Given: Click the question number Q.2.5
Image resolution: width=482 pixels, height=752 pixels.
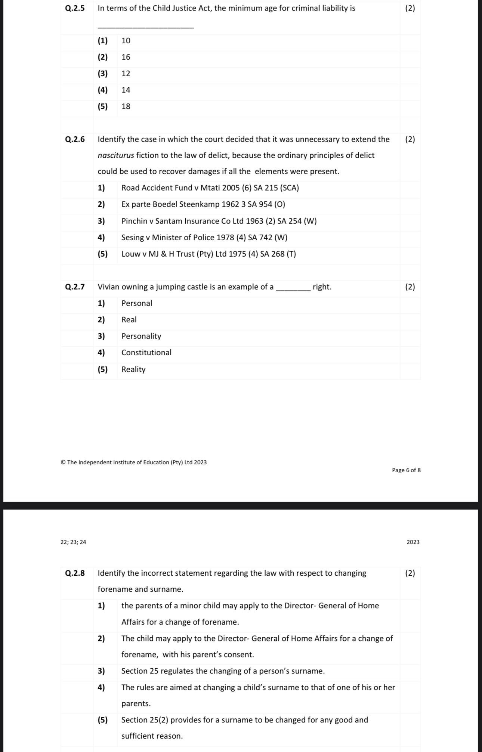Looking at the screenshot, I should coord(75,9).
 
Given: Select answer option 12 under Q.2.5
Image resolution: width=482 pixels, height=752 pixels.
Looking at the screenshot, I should coord(126,74).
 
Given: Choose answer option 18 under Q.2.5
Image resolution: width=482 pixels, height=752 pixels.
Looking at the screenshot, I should coord(126,106).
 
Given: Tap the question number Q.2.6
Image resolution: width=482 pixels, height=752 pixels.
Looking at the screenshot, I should coord(75,140).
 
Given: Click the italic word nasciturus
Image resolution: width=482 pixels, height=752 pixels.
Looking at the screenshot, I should coord(115,156).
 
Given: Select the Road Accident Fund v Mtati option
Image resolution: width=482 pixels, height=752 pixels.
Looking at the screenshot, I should coord(210,188).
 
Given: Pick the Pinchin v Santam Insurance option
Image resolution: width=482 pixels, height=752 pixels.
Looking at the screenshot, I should coord(219,221).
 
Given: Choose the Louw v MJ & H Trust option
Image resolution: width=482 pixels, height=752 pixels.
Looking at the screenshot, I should coord(208,254).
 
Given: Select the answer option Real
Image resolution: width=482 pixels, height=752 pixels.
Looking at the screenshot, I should coord(129,320).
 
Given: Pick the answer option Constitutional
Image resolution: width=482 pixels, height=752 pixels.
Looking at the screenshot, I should coord(146,353).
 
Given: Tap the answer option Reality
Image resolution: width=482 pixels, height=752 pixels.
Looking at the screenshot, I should coord(133,369).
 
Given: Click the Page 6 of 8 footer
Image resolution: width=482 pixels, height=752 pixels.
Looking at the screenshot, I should coord(406,470).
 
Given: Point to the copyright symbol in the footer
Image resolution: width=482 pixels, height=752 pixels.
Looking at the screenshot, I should coord(63,462).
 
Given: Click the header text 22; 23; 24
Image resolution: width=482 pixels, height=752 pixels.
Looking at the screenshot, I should coord(73,542).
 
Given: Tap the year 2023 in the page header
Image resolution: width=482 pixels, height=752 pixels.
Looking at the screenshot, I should coord(413,542).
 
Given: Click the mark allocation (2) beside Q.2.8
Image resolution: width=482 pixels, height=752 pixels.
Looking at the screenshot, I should coord(410,573).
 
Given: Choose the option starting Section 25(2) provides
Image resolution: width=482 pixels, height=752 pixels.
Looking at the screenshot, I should coord(244,720).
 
